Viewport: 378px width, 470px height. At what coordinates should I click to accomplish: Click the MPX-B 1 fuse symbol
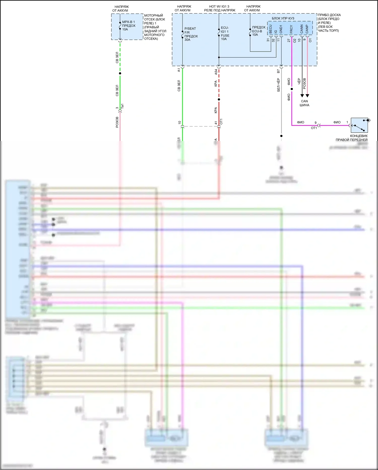(120, 26)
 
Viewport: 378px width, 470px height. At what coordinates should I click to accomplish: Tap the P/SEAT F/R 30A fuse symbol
(182, 34)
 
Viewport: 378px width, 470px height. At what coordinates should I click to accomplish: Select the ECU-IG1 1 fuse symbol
(219, 33)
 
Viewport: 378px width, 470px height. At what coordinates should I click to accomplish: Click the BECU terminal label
(271, 29)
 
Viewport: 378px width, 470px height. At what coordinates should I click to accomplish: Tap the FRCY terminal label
(291, 29)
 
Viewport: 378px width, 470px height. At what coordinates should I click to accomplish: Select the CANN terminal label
(302, 29)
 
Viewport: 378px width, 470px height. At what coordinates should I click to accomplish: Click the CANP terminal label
(307, 29)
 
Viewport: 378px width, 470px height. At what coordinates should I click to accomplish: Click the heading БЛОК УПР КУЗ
(283, 18)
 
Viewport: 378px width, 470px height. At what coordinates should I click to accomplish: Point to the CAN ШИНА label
(304, 103)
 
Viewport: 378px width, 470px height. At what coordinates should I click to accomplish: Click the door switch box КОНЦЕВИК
(359, 125)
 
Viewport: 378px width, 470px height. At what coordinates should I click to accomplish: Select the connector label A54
(216, 72)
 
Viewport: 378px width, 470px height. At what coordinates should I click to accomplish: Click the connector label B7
(278, 71)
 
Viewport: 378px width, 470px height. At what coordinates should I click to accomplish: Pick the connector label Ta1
(122, 106)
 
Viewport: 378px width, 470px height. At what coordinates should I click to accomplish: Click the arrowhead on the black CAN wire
(302, 96)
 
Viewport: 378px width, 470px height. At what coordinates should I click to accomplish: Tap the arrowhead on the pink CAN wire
(307, 96)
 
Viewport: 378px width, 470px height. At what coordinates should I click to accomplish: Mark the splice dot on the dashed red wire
(219, 100)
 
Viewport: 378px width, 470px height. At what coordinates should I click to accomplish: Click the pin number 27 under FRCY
(289, 40)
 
